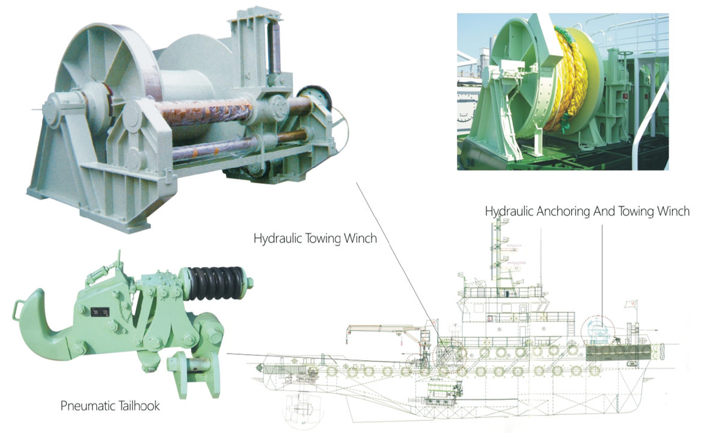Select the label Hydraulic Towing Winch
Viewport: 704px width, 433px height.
(315, 238)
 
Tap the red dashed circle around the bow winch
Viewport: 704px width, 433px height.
(599, 330)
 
